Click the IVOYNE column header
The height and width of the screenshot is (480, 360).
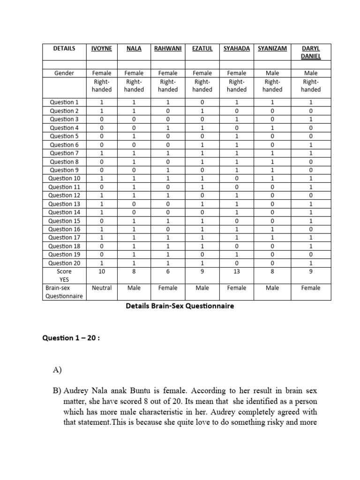point(102,48)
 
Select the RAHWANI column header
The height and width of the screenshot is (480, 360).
point(168,48)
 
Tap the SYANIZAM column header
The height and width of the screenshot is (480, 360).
point(272,48)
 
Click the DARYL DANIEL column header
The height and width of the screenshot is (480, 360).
point(311,52)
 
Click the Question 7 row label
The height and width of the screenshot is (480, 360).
point(65,153)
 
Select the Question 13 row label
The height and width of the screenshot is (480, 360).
point(65,204)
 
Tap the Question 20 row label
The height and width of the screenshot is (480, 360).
point(65,263)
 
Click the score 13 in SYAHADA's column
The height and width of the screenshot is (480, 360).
point(237,271)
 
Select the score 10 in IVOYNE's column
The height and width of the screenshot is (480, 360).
point(102,271)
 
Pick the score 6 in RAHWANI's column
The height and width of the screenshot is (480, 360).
point(168,271)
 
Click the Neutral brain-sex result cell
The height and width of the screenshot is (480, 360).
point(102,288)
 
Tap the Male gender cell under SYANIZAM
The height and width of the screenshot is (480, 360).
point(272,73)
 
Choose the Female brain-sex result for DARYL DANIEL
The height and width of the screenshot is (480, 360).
point(311,288)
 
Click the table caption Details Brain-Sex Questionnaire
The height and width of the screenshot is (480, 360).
point(180,306)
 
